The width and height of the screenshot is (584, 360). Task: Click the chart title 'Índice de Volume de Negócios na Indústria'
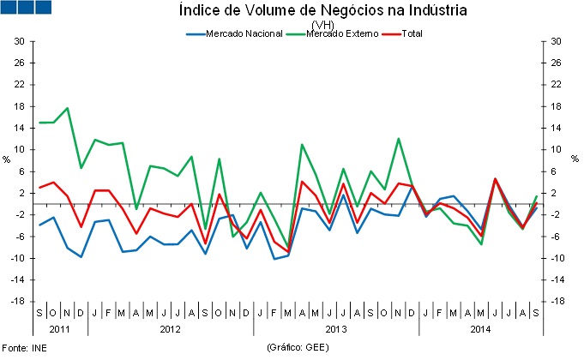tap(323, 11)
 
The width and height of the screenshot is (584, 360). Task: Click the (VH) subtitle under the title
tap(323, 24)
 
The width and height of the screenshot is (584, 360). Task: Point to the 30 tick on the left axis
tap(18, 41)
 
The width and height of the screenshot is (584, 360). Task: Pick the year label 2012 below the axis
tap(170, 329)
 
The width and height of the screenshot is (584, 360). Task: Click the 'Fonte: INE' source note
tap(24, 349)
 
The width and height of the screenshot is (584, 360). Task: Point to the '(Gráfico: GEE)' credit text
tap(298, 349)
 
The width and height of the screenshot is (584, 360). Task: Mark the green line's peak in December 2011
tap(68, 108)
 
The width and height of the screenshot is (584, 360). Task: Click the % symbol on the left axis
tap(6, 160)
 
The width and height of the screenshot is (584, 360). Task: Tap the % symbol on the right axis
tap(575, 160)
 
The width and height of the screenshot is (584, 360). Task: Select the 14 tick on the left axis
tap(18, 128)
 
